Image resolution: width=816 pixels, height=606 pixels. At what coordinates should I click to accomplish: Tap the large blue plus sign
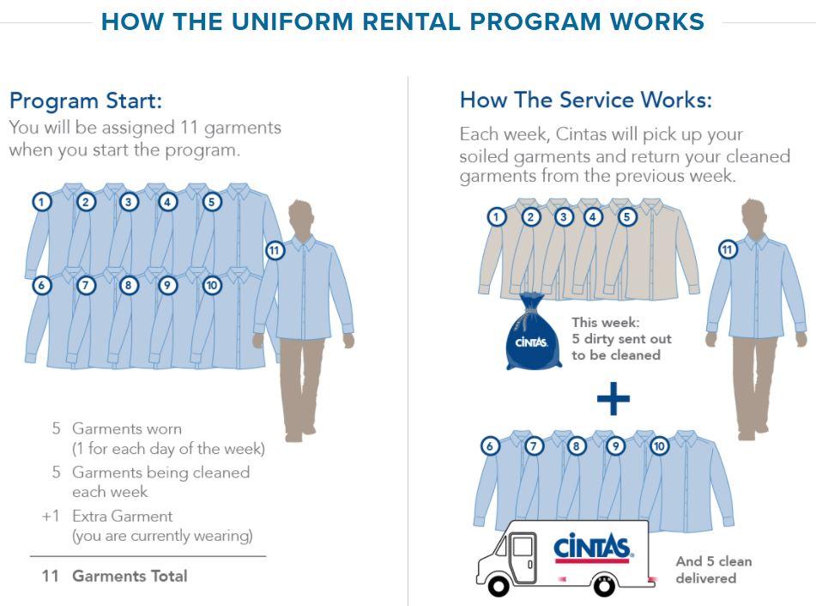point(613,398)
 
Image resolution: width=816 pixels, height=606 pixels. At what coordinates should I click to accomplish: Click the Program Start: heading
point(85,100)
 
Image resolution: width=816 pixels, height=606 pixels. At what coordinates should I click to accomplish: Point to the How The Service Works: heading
point(585,100)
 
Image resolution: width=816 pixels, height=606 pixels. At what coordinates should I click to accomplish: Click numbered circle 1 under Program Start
point(41,202)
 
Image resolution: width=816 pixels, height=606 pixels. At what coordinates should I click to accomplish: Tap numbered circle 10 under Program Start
point(212,285)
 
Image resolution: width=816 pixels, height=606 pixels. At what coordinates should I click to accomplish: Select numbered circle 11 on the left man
point(275,251)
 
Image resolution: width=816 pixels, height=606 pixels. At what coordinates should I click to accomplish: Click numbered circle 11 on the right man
point(728,250)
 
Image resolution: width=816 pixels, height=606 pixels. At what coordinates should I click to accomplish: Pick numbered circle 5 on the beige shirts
point(627,217)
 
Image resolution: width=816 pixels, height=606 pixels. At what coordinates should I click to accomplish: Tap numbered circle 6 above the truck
point(490,445)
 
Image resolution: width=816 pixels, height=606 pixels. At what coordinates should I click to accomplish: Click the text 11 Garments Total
point(114,576)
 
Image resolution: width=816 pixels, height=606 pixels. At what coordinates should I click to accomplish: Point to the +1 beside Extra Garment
point(51,517)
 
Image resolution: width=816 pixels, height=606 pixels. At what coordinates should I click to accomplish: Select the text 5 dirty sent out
point(621,339)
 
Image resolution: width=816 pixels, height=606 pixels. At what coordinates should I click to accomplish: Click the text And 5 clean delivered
point(712,569)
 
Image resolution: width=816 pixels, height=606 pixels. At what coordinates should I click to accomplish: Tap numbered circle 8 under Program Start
point(129,285)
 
